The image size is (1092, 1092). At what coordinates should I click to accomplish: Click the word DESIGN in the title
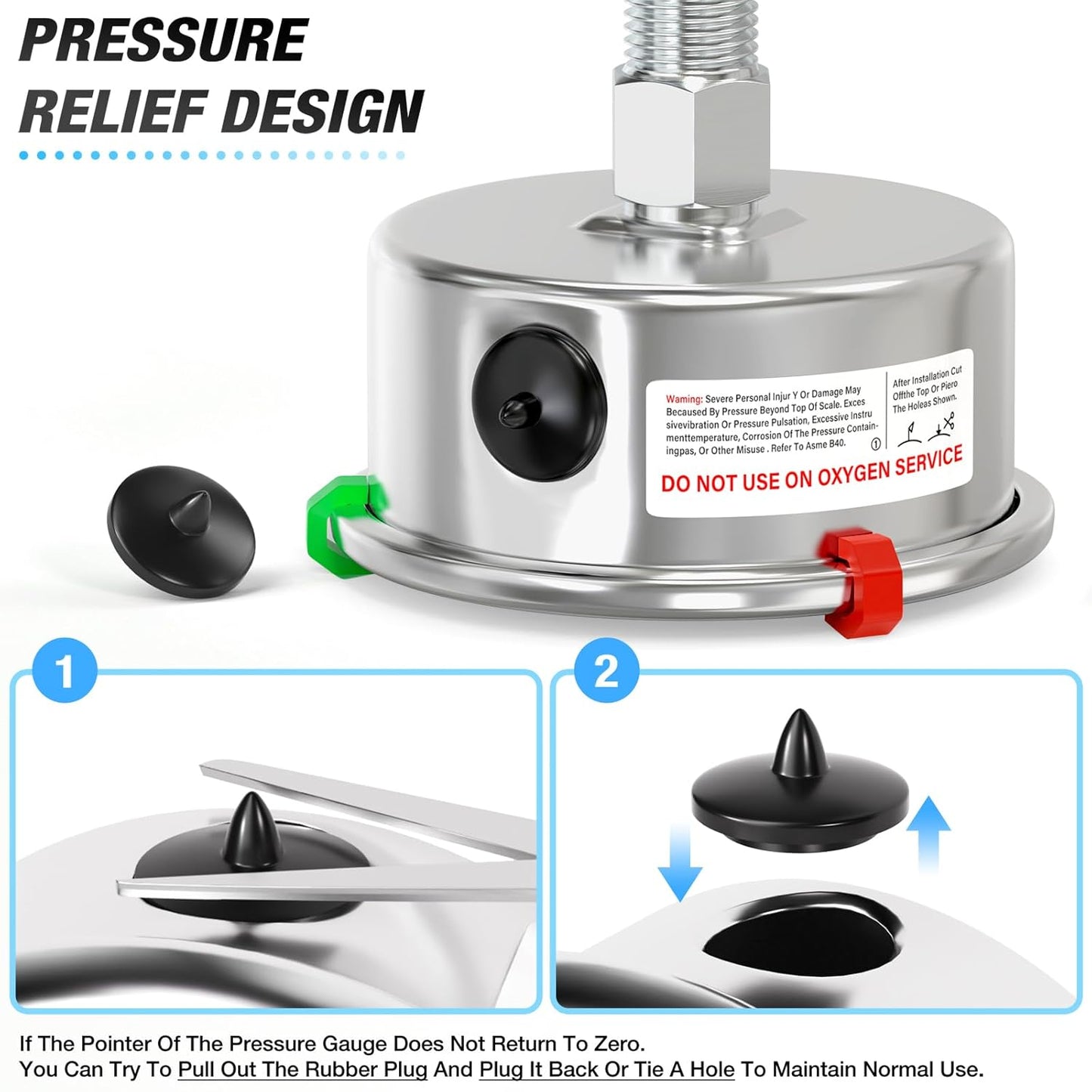tap(321, 111)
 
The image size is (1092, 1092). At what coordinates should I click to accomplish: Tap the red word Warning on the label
tap(684, 398)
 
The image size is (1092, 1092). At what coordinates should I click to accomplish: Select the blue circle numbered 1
tap(65, 670)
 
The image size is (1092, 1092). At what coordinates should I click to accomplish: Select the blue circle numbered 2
tap(606, 670)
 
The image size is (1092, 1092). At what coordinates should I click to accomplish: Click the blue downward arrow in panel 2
tap(680, 862)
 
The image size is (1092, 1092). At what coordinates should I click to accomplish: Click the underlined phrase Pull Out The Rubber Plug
tap(302, 1069)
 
